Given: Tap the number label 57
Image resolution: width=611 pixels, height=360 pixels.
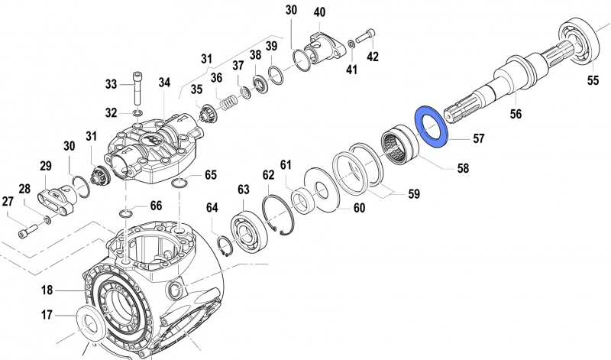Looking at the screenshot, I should [x=477, y=140].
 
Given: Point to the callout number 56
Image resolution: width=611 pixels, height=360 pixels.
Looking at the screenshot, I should [x=516, y=113].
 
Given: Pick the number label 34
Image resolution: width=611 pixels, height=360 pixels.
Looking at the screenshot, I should [x=165, y=83].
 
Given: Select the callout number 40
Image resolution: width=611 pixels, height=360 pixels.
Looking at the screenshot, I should [x=319, y=12].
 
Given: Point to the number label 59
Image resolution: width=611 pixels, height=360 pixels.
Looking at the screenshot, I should [x=413, y=194].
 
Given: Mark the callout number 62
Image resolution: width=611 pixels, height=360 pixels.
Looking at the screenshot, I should [x=269, y=175].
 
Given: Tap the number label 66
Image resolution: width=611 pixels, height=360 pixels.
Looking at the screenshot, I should [x=155, y=206].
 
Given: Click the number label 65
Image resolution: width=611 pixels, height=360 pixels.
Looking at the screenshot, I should [x=210, y=175].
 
